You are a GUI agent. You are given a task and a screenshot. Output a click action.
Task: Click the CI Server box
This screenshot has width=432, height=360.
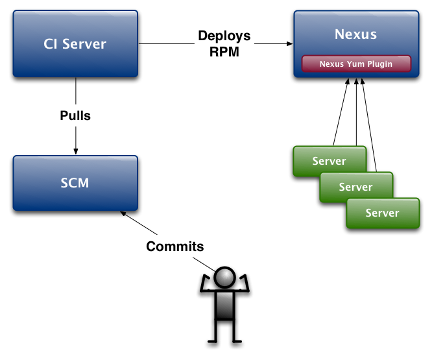pyautogui.click(x=75, y=44)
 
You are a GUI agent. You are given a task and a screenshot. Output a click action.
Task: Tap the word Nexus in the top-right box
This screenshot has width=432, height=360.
pyautogui.click(x=355, y=34)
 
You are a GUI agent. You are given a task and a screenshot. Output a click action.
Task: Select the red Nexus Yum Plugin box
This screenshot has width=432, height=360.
pyautogui.click(x=356, y=64)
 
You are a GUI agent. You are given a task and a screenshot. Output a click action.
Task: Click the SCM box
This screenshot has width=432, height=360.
pyautogui.click(x=75, y=182)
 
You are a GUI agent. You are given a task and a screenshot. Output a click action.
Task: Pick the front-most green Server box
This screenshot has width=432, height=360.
pyautogui.click(x=382, y=213)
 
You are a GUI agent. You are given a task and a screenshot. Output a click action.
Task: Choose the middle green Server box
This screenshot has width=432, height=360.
pyautogui.click(x=355, y=187)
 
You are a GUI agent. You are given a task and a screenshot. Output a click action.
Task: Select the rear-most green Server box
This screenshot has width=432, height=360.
pyautogui.click(x=330, y=160)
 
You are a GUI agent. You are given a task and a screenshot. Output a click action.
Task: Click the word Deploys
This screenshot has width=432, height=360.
pyautogui.click(x=224, y=36)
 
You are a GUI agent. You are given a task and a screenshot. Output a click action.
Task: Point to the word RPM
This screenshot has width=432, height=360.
pyautogui.click(x=224, y=52)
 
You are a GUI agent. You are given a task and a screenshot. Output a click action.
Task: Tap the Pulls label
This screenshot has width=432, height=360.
pyautogui.click(x=75, y=116)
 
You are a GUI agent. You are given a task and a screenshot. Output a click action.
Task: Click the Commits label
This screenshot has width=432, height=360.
pyautogui.click(x=174, y=246)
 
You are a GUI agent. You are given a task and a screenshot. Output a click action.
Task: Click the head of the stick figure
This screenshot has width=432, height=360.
pyautogui.click(x=224, y=278)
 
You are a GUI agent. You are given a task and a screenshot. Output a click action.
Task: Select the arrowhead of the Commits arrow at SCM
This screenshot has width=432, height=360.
pyautogui.click(x=124, y=214)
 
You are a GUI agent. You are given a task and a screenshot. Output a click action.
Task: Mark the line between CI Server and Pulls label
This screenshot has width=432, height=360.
pyautogui.click(x=76, y=92)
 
